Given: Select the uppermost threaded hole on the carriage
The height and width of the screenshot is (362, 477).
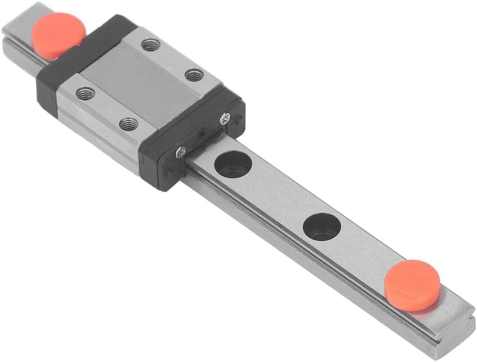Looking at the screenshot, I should [x=150, y=44].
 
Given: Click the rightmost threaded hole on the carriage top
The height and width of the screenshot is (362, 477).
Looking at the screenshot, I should [x=194, y=74].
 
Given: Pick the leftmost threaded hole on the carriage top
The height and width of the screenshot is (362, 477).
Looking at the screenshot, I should [x=85, y=93].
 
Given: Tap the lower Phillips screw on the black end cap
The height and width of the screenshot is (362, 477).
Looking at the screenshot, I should [x=180, y=151].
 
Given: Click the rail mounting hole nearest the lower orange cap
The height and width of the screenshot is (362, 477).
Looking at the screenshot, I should [x=322, y=226].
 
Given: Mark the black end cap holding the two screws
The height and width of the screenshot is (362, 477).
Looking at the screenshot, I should [x=194, y=140].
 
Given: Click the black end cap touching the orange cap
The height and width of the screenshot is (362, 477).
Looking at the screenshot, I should [x=84, y=62].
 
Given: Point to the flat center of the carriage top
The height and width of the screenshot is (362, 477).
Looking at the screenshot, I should [x=140, y=84].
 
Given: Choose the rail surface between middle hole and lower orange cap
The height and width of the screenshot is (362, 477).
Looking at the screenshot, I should [x=365, y=253].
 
